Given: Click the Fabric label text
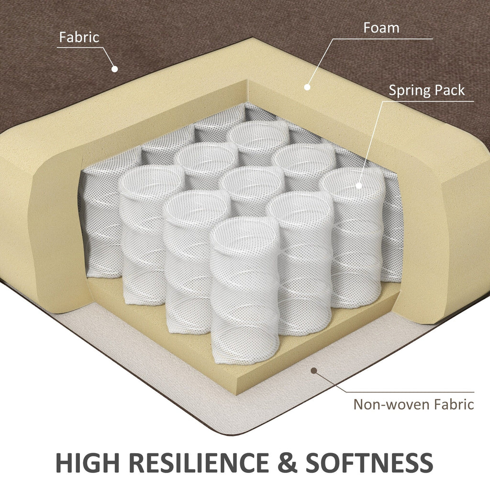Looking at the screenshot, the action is point(79,37).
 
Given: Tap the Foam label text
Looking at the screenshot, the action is point(381,28).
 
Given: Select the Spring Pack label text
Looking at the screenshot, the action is point(427,90).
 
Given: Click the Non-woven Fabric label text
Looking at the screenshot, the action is point(414,404).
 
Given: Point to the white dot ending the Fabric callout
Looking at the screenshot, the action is point(115,69).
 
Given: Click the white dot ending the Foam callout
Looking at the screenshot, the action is point(307,87).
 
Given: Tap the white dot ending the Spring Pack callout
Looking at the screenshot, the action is point(359,186).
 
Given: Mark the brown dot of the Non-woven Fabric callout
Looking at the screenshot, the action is point(314,371).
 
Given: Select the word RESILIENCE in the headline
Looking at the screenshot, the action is point(199,463).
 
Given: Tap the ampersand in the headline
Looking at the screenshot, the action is point(287,463).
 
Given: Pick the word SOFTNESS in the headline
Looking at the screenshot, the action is point(369,463).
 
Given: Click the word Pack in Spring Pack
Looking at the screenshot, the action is point(450,90).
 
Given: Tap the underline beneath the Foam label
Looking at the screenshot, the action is point(382,39).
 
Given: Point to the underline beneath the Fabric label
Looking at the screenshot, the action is point(80,47).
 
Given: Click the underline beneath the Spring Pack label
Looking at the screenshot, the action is point(428,101).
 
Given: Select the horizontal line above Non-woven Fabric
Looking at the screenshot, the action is point(411,392).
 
